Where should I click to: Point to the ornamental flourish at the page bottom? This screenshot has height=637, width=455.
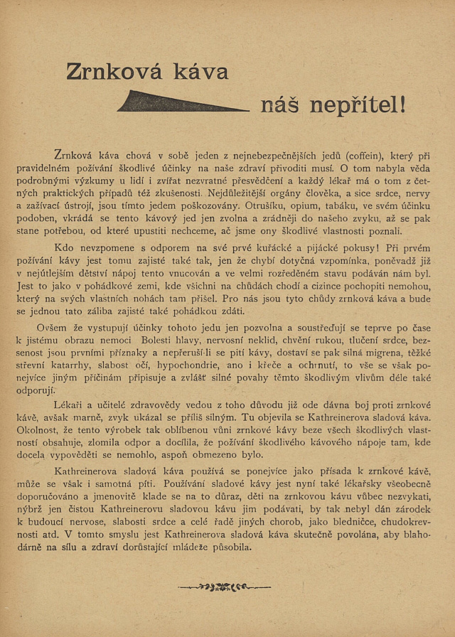[224, 587]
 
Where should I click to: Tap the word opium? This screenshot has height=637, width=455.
[306, 205]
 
